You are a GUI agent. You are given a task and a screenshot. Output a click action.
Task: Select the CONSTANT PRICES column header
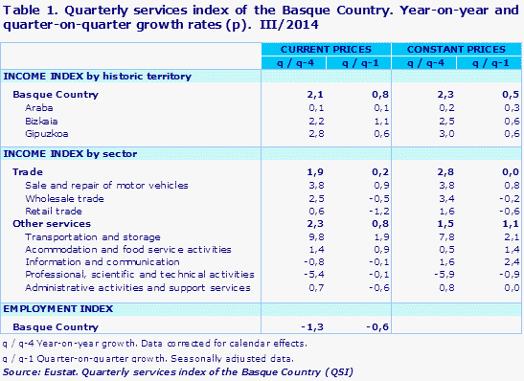(x=455, y=48)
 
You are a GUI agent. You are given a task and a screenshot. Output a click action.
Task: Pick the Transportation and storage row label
(x=80, y=235)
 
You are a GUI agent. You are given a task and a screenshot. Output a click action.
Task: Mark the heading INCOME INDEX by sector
(x=70, y=153)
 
